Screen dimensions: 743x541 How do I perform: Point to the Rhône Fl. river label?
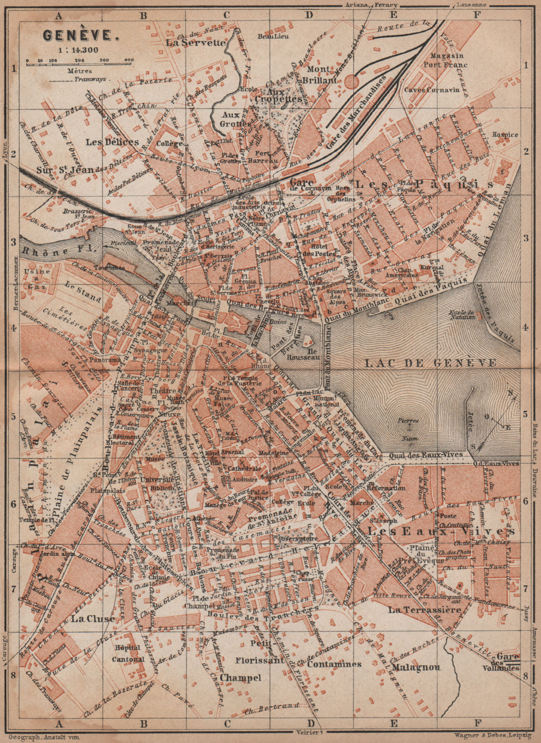pyautogui.click(x=49, y=249)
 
